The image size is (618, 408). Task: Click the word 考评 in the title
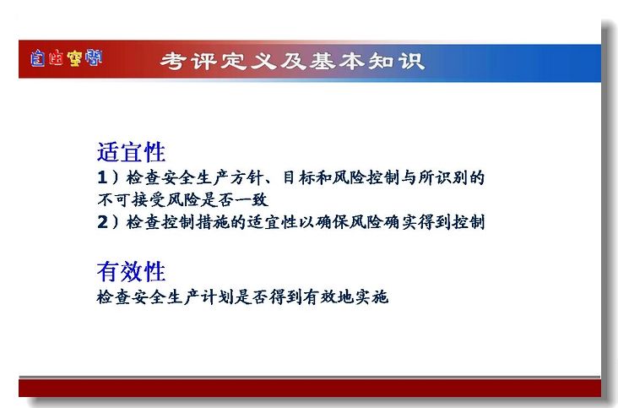pyautogui.click(x=189, y=61)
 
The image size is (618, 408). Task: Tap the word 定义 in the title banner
pyautogui.click(x=248, y=61)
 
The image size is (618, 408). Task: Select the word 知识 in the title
pyautogui.click(x=397, y=61)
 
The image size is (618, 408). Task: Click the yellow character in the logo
pyautogui.click(x=74, y=58)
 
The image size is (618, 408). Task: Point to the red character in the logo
pyautogui.click(x=56, y=58)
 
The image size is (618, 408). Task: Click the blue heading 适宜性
pyautogui.click(x=131, y=152)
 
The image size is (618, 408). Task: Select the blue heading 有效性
pyautogui.click(x=131, y=271)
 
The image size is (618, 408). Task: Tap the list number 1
pyautogui.click(x=102, y=177)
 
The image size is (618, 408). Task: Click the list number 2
pyautogui.click(x=102, y=222)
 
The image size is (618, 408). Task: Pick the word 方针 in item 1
pyautogui.click(x=247, y=177)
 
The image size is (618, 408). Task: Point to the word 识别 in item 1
pyautogui.click(x=452, y=177)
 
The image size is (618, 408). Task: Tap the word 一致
pyautogui.click(x=252, y=200)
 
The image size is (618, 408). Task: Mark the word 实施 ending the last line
pyautogui.click(x=371, y=296)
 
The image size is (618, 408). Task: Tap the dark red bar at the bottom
pyautogui.click(x=310, y=389)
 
